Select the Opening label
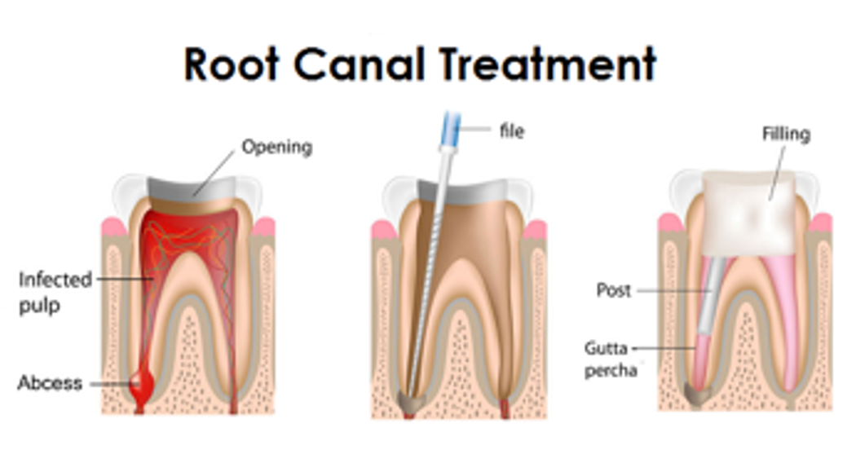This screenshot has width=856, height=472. pos(277,148)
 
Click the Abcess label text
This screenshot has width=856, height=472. pos(51,382)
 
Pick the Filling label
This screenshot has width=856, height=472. pos(785,133)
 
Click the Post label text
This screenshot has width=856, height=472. pos(614,290)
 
